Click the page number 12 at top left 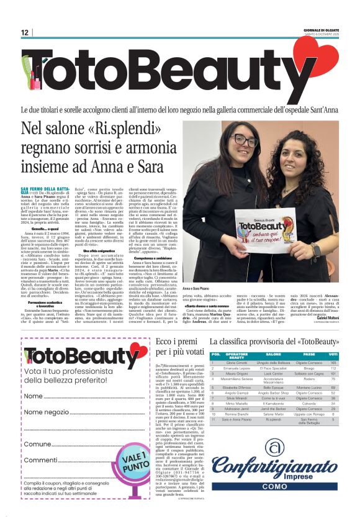[25, 32]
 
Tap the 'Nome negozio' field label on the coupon [47, 412]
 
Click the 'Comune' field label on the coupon [37, 444]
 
